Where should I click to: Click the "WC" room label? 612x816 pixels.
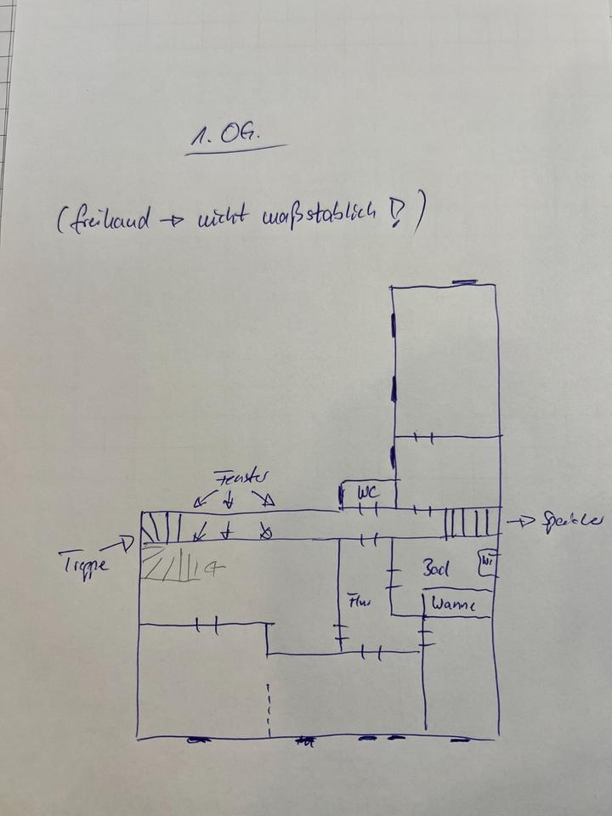pyautogui.click(x=366, y=493)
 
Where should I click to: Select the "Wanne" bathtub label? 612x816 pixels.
pyautogui.click(x=450, y=605)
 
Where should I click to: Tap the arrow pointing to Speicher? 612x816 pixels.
pyautogui.click(x=519, y=520)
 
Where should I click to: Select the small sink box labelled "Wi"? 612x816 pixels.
pyautogui.click(x=486, y=564)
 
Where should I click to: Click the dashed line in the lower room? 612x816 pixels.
pyautogui.click(x=269, y=709)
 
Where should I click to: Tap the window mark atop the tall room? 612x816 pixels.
pyautogui.click(x=464, y=281)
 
